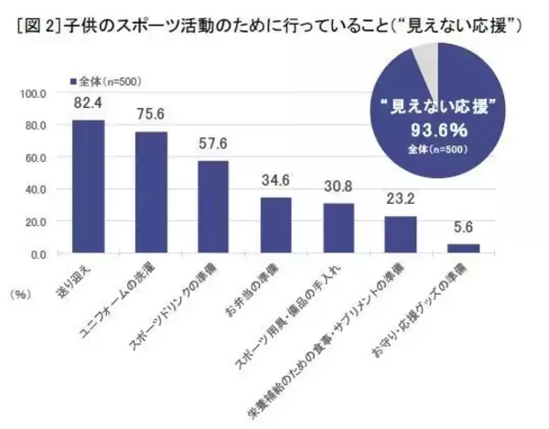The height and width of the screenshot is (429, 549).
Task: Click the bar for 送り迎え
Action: (x=89, y=188)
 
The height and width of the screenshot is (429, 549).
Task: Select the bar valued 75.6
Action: (x=151, y=193)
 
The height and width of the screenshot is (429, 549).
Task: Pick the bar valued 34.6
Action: (x=275, y=226)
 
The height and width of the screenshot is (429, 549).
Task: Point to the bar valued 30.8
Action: (x=339, y=229)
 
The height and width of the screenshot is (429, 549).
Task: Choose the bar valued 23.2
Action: (x=401, y=235)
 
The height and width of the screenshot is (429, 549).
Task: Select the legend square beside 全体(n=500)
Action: (x=73, y=80)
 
